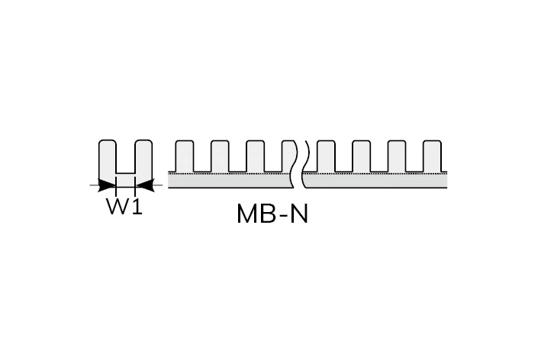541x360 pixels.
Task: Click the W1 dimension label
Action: tap(124, 206)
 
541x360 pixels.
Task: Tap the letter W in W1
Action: tap(117, 206)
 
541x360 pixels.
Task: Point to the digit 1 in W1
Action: tap(137, 206)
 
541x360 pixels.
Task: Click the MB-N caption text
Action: tap(272, 214)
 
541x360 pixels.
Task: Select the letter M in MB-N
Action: tap(246, 214)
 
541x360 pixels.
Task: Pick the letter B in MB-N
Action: tap(267, 214)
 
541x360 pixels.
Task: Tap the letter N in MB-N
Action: tap(299, 214)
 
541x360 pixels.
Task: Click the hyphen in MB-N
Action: tap(282, 216)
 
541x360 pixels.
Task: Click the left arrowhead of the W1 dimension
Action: tap(106, 185)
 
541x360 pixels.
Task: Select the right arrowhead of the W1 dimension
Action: tap(144, 185)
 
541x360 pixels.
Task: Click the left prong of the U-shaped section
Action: tap(108, 158)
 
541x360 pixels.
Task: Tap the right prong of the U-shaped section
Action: tap(143, 158)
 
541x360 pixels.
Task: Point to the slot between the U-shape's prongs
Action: tap(125, 157)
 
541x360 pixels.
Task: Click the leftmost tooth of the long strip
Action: tap(184, 156)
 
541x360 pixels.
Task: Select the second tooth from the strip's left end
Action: tap(220, 156)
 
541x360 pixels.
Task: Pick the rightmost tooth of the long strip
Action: tap(432, 156)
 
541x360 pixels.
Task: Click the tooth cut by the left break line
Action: tap(289, 156)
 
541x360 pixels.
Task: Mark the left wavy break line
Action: tap(295, 164)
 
